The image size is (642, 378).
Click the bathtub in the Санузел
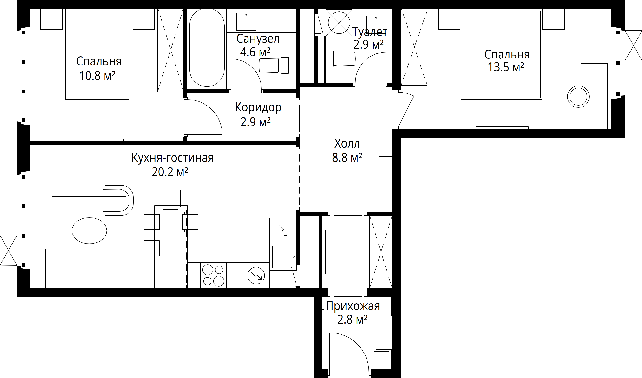207,47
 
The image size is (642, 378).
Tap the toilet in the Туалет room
340,59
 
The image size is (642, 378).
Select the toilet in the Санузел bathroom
274,65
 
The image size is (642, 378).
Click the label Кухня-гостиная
172,158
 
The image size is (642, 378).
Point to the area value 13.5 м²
506,67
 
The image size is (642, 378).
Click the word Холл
347,144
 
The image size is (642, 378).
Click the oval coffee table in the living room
89,230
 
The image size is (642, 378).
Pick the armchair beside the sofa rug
118,200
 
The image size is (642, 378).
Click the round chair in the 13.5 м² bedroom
578,97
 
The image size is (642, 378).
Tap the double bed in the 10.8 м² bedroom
97,54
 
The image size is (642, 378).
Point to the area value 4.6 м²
255,52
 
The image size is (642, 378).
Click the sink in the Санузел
246,22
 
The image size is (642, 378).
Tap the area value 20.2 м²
170,172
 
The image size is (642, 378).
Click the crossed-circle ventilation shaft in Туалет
339,22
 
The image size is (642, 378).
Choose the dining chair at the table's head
171,200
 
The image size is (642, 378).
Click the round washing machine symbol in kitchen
256,275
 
